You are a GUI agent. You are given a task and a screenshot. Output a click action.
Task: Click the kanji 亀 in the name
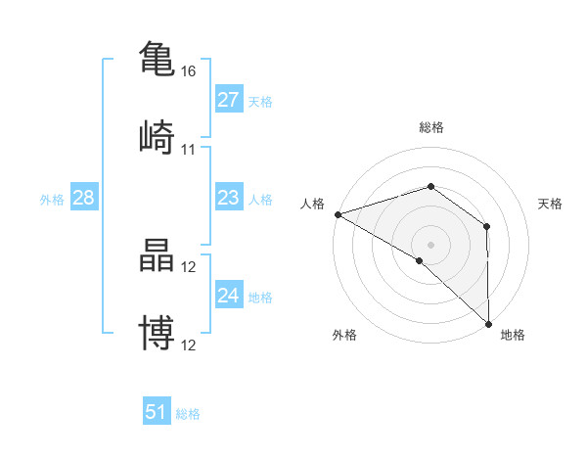[157, 58]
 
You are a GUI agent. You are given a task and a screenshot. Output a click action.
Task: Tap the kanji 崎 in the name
[157, 136]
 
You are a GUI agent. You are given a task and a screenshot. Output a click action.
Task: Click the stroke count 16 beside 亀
[188, 71]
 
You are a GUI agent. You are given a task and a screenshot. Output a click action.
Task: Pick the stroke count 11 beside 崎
[188, 150]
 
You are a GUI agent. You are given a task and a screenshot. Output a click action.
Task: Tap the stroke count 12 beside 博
[188, 345]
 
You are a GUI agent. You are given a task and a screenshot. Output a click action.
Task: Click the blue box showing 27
[228, 100]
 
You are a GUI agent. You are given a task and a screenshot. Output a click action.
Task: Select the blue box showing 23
[228, 198]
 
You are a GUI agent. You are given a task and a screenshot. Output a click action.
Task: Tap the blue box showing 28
[83, 198]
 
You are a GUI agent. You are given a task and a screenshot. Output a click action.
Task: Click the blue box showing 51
[157, 412]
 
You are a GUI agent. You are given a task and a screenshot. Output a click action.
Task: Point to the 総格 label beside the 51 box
[188, 414]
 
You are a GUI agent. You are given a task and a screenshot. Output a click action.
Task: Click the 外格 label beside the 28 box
[52, 200]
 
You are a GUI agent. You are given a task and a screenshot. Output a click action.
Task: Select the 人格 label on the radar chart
[312, 204]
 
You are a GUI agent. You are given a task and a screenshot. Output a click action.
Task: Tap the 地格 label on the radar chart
[513, 335]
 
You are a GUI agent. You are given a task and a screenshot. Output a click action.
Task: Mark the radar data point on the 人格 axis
[337, 214]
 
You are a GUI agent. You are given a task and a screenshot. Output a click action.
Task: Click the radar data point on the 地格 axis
[488, 323]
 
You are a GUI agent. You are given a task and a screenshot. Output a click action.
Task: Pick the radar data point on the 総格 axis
[430, 186]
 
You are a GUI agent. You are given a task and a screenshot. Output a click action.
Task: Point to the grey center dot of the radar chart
[430, 244]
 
